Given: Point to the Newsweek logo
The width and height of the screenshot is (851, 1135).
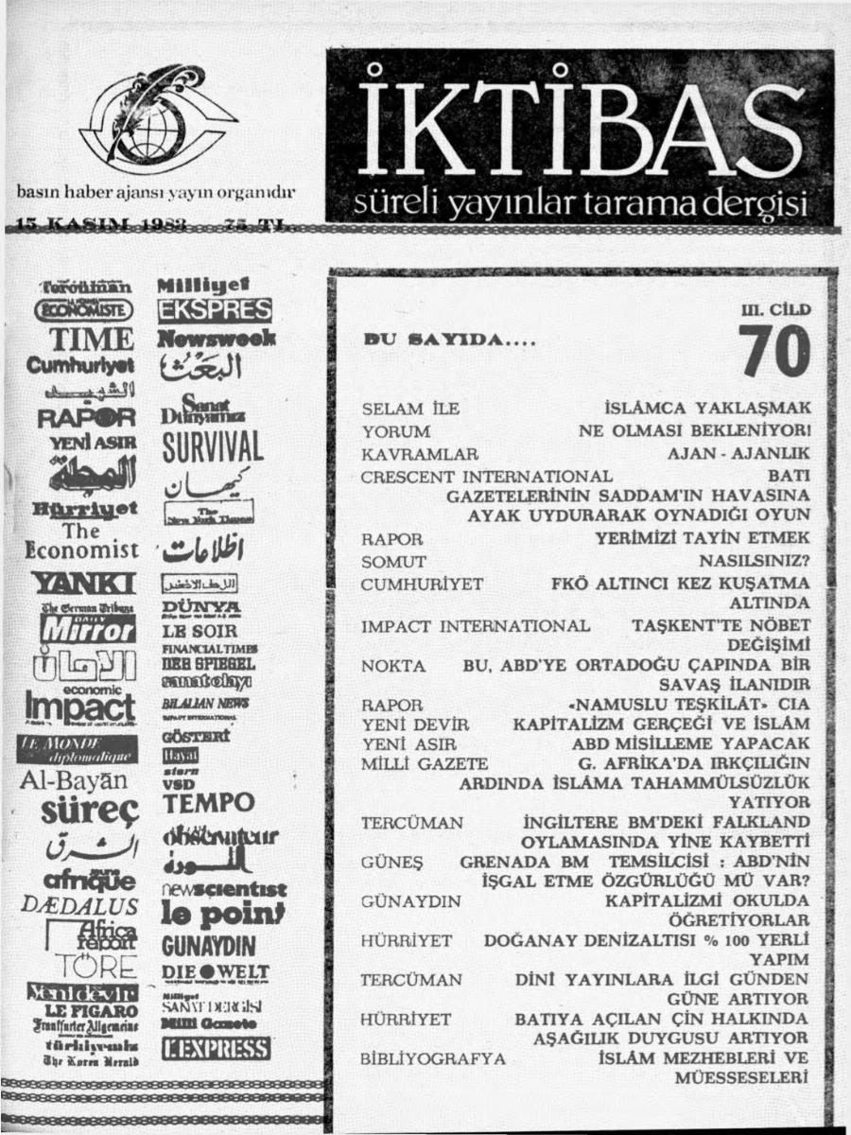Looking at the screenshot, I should coord(217,338).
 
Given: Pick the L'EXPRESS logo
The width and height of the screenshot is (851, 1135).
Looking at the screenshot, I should coord(217,1049).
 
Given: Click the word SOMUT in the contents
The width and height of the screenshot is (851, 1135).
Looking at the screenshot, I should coord(393,562).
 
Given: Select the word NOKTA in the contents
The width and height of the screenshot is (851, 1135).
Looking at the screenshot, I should coord(390,666).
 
